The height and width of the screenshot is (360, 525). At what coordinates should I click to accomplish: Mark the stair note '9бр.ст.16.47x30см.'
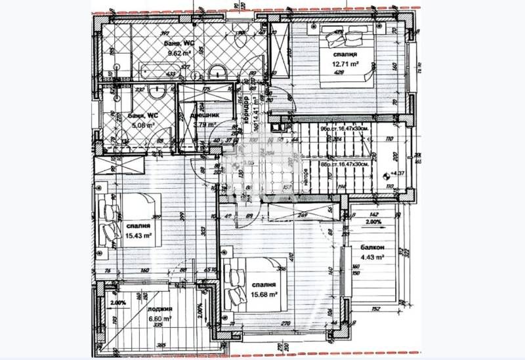[x=345, y=129]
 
